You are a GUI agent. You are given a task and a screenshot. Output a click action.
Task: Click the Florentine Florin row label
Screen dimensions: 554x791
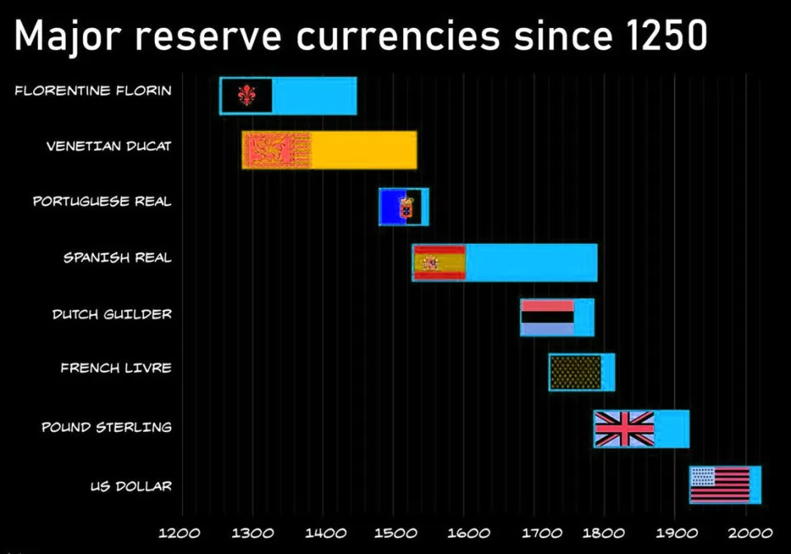point(93,90)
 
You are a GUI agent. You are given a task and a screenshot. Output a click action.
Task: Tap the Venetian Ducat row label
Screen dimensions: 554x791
point(109,146)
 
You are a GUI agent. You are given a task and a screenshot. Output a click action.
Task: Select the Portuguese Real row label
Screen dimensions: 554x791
point(102,201)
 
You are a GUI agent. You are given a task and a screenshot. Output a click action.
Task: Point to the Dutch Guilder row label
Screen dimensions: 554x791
point(112,314)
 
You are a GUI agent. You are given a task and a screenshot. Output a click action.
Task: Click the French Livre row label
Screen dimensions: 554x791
point(116,368)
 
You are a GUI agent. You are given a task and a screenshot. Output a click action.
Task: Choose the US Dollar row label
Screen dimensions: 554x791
point(131,486)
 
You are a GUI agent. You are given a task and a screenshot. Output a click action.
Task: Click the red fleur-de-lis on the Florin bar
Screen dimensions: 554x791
point(246,96)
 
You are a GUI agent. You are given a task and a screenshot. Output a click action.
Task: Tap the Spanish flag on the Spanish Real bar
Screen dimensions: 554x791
point(439,263)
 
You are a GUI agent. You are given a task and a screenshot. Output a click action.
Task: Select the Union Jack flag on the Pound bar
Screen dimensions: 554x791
point(625,429)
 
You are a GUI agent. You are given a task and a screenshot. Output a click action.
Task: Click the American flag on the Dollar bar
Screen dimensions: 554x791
point(720,485)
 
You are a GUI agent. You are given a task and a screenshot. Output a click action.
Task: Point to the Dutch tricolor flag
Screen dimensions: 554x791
point(547,317)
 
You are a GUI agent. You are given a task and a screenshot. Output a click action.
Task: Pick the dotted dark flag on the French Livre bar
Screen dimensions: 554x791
point(575,372)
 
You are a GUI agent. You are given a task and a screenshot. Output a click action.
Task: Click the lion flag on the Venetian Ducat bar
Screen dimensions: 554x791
point(276,150)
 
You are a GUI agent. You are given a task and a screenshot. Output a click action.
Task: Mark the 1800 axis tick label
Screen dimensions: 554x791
point(604,532)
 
